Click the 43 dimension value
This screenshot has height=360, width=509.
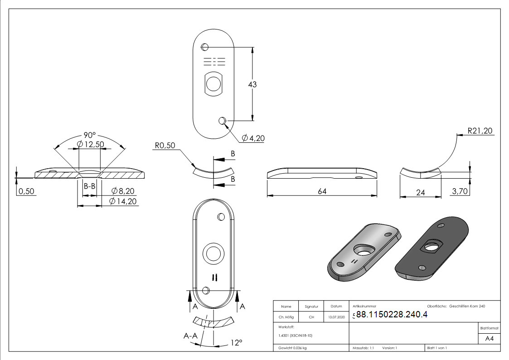coord(252,84)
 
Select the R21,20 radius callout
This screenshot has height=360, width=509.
coord(480,131)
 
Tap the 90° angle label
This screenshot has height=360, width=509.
coord(90,135)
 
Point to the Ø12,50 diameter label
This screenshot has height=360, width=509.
coord(91,145)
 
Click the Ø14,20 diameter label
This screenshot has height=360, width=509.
coord(123,201)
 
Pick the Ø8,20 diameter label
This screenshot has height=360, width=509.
coord(123,191)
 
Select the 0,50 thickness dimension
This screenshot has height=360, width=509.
coord(26,191)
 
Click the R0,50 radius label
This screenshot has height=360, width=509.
coord(165,146)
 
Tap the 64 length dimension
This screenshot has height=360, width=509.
coord(322,191)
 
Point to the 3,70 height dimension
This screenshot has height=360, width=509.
coord(460,191)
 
